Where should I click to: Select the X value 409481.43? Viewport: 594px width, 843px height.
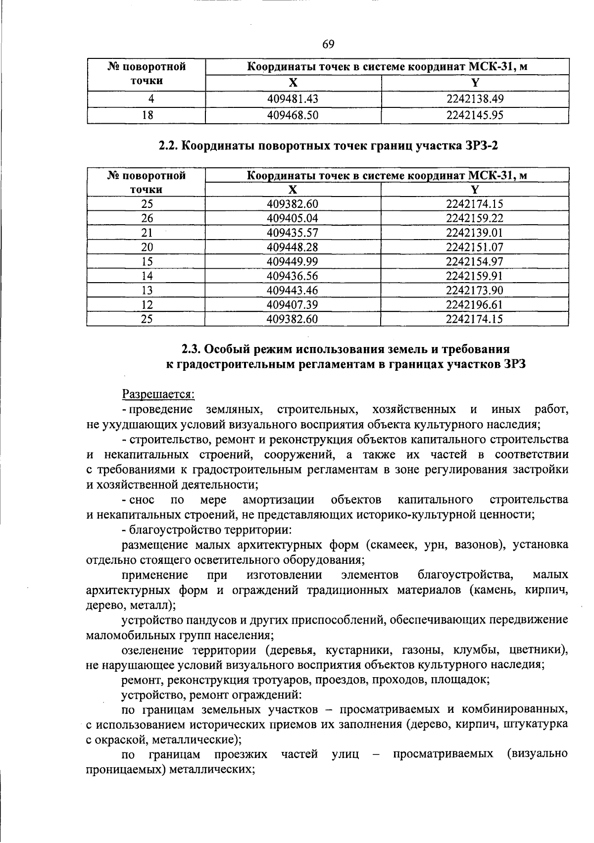(x=293, y=99)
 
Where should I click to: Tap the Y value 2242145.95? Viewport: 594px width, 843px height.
(x=475, y=115)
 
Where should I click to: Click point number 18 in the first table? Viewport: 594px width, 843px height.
(x=147, y=115)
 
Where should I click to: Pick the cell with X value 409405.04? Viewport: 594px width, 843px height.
(x=293, y=218)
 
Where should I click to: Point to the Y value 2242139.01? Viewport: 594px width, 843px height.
(x=474, y=233)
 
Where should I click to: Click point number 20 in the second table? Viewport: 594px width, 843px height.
(x=147, y=247)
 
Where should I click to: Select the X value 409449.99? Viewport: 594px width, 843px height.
(x=293, y=261)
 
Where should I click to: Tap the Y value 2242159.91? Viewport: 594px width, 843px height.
(x=474, y=276)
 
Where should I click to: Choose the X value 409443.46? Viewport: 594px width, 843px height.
(x=293, y=290)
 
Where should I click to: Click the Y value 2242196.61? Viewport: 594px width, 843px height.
(x=474, y=304)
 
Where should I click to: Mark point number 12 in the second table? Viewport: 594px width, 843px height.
(x=147, y=304)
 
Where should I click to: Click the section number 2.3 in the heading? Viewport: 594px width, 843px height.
(x=191, y=349)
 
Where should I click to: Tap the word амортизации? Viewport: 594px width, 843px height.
(x=279, y=499)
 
